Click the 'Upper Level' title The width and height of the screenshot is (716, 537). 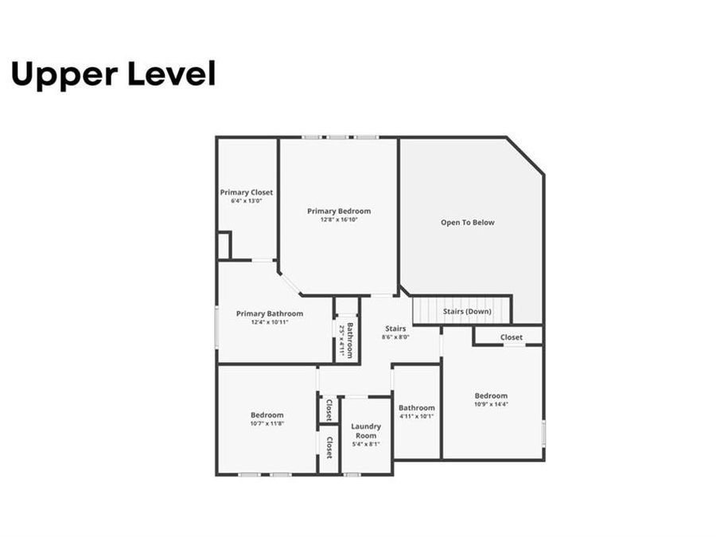(x=113, y=75)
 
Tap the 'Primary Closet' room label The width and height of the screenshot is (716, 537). (x=247, y=193)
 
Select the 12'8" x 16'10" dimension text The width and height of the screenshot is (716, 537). (x=339, y=220)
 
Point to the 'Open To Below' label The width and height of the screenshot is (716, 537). (x=468, y=223)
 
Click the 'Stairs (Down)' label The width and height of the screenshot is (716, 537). (x=467, y=311)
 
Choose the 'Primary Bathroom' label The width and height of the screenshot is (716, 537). (x=270, y=313)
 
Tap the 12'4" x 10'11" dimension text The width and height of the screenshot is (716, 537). (x=270, y=322)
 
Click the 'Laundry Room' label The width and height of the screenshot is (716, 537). (x=366, y=430)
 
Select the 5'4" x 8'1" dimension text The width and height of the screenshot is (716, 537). (x=366, y=444)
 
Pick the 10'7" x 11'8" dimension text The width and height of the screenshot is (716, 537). (x=267, y=423)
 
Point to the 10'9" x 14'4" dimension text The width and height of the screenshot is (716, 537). (x=492, y=404)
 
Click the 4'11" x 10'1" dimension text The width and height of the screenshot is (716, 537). (x=416, y=416)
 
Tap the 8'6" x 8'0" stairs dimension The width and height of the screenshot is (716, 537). (x=395, y=337)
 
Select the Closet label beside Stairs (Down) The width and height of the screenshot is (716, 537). (x=511, y=337)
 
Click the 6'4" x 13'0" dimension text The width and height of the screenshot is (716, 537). (x=247, y=201)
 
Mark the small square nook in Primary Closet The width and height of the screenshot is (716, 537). (x=224, y=246)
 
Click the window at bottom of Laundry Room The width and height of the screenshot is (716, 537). (x=352, y=475)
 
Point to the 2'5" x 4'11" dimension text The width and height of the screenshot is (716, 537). (x=341, y=340)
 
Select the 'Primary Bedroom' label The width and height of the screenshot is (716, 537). (x=339, y=211)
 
